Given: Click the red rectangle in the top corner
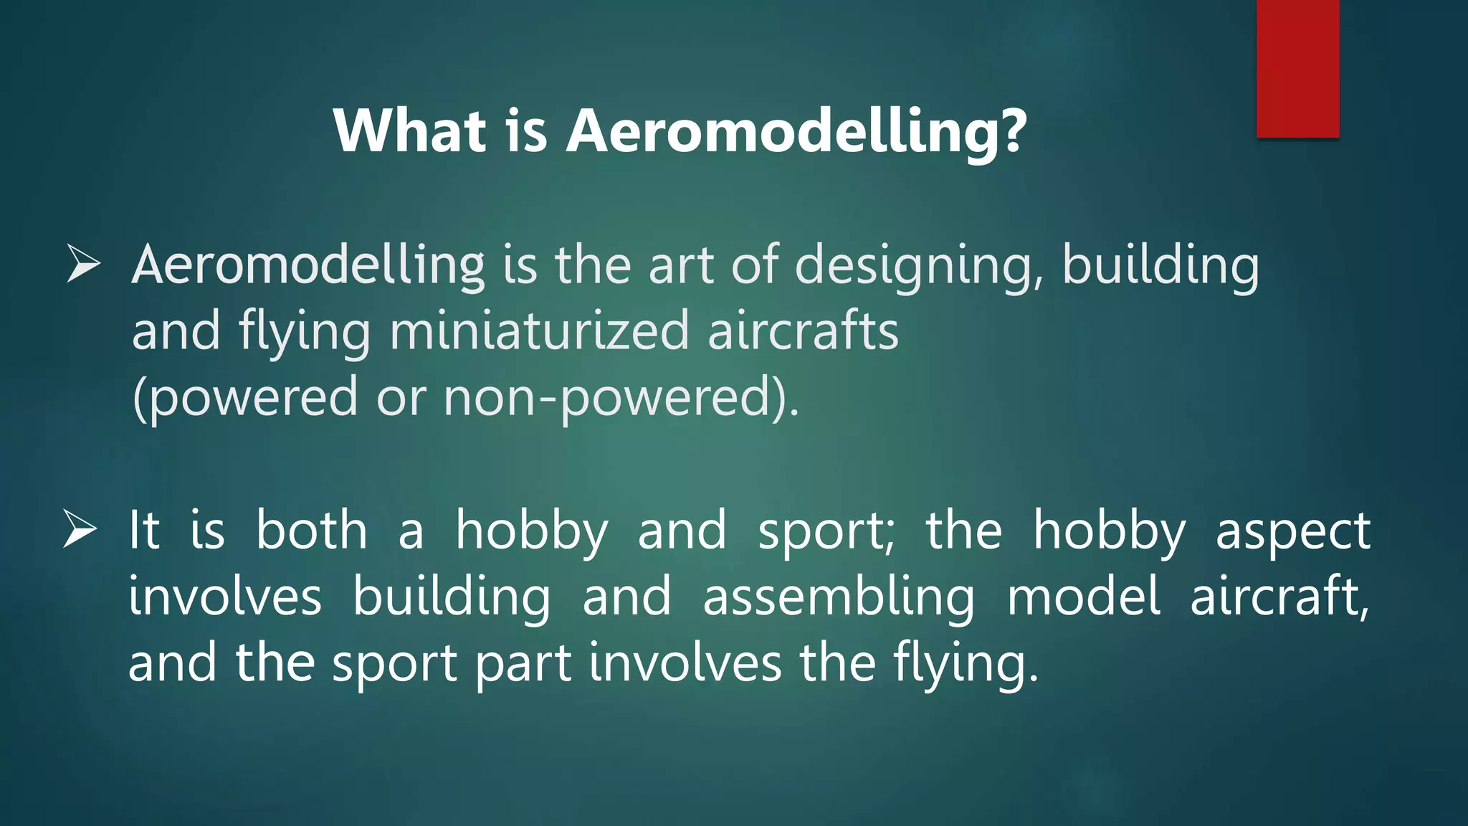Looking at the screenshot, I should coord(1297,68).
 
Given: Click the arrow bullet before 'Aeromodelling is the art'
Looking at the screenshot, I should coord(83,263).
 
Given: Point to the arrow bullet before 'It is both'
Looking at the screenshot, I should coord(80,529).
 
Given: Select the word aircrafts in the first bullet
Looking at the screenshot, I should coord(802,331).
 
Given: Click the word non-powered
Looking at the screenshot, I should coord(620,397).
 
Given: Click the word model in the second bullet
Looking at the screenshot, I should coord(1083,597).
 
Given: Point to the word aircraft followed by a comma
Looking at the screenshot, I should coord(1279,597).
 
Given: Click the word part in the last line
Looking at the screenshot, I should coord(523,664).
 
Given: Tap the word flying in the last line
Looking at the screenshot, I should coord(965,664).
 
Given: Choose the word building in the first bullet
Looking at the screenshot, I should coord(1159,265).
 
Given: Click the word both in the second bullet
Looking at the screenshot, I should coord(311,531).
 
